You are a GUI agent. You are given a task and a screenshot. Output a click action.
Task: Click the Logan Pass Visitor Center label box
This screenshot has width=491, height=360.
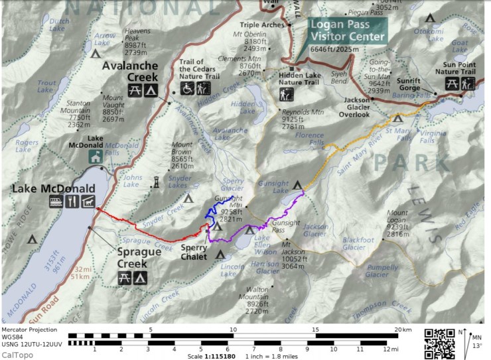point(348,30)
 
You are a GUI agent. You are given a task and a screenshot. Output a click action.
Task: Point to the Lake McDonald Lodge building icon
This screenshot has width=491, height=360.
point(95,156)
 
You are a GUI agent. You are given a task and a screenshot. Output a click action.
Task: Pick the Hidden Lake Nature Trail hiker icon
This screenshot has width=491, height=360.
point(285,96)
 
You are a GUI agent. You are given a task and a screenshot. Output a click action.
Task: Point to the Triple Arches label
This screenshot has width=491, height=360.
point(267,25)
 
